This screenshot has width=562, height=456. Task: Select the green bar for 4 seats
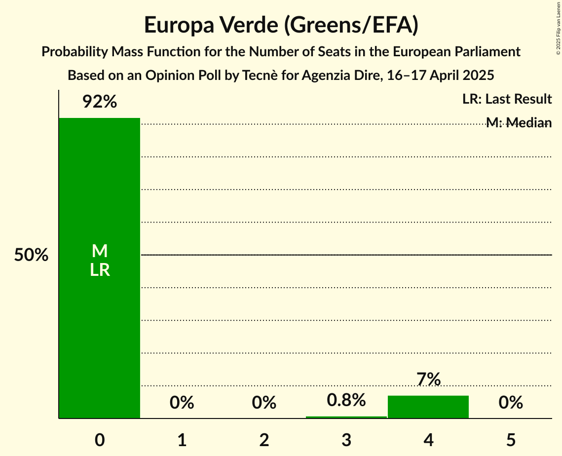point(428,407)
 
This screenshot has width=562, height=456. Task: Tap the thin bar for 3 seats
point(346,417)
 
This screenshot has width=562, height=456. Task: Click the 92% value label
point(99,102)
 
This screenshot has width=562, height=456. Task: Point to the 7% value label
point(428,380)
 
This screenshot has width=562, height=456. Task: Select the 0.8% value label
point(346,400)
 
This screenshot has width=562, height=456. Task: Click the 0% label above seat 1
point(182,403)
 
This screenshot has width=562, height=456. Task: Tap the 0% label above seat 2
point(264,403)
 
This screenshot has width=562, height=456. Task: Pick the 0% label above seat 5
point(511,403)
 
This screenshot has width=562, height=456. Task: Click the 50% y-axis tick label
point(31,255)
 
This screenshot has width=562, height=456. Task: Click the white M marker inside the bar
point(100,251)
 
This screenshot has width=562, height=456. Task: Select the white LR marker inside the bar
point(100,270)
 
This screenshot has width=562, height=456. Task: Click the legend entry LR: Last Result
point(507,99)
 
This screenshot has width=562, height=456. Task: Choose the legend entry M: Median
point(519,123)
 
